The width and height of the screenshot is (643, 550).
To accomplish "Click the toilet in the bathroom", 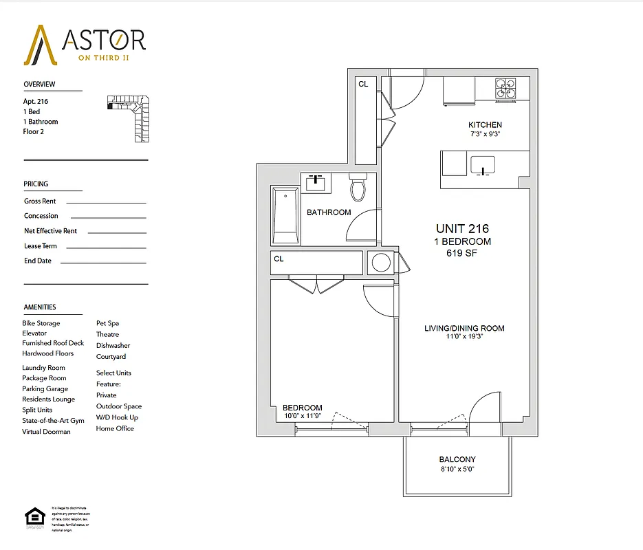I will [x=358, y=186].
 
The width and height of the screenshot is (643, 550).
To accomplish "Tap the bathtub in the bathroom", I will [x=285, y=215].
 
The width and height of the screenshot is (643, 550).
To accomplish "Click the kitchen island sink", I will [x=483, y=166].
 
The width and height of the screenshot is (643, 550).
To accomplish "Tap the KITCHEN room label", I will [x=485, y=125].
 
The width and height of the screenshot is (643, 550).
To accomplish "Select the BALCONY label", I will [x=457, y=459].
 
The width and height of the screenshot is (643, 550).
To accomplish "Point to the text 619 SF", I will [x=462, y=253].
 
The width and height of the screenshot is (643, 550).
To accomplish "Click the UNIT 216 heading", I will [x=462, y=228].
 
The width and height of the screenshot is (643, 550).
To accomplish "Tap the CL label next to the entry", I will [x=362, y=84].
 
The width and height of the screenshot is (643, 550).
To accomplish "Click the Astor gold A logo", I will [x=40, y=45].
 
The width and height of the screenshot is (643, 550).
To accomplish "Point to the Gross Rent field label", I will [x=40, y=201].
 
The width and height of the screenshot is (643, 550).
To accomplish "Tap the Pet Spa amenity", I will [x=108, y=323].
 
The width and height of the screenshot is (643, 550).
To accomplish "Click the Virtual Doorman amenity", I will [x=46, y=432].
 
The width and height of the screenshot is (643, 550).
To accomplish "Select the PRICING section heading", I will [x=36, y=184].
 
